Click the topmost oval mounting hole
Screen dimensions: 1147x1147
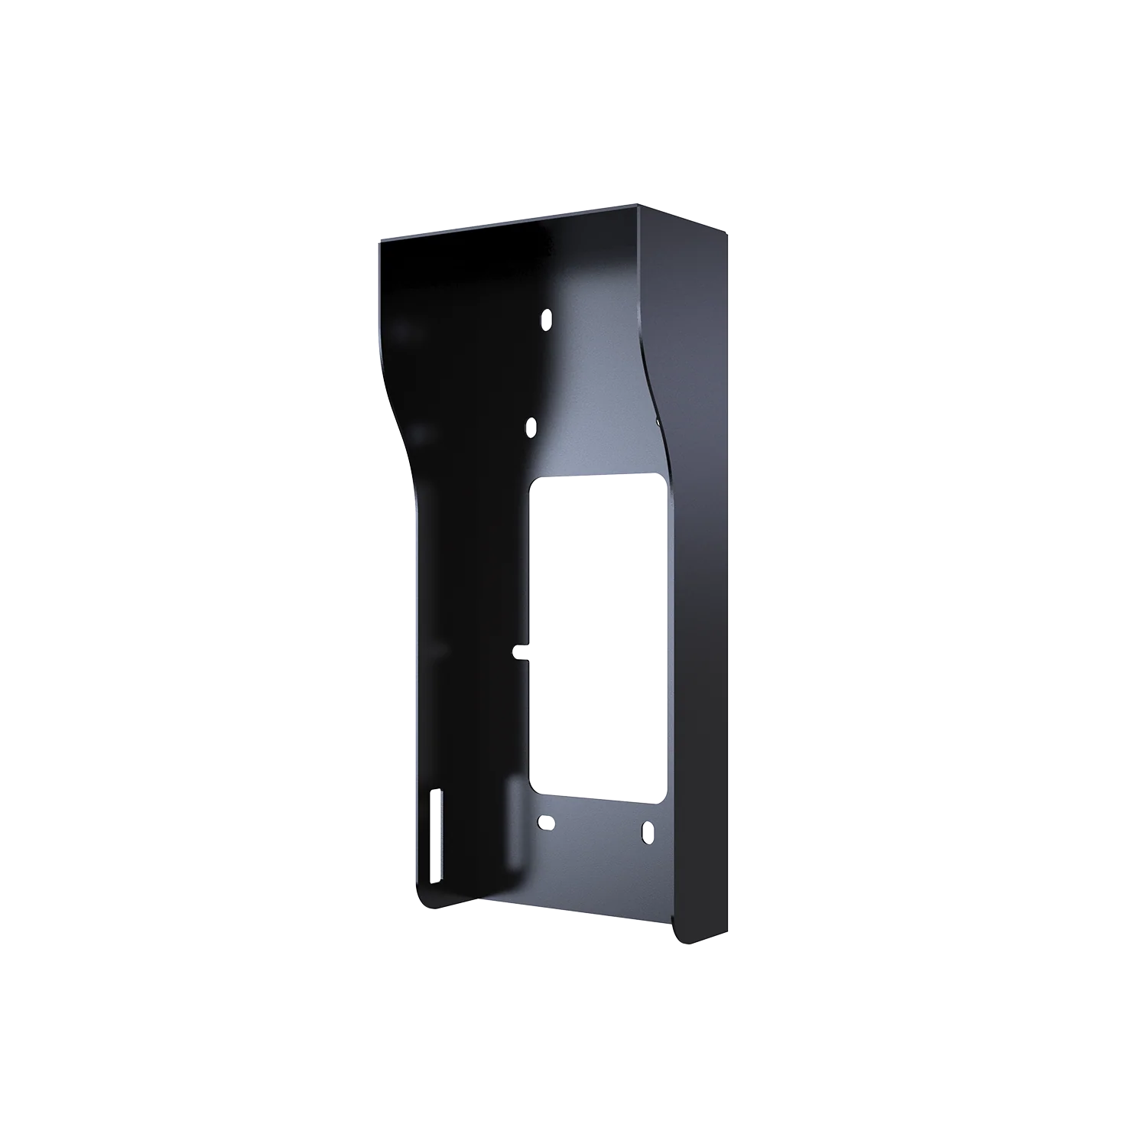point(547,317)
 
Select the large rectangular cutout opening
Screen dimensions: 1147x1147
point(596,638)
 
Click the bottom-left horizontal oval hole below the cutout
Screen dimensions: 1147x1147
point(544,823)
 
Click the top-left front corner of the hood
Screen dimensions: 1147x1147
point(376,241)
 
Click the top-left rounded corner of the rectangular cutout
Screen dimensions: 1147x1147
point(535,483)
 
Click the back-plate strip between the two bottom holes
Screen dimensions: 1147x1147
point(596,826)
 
